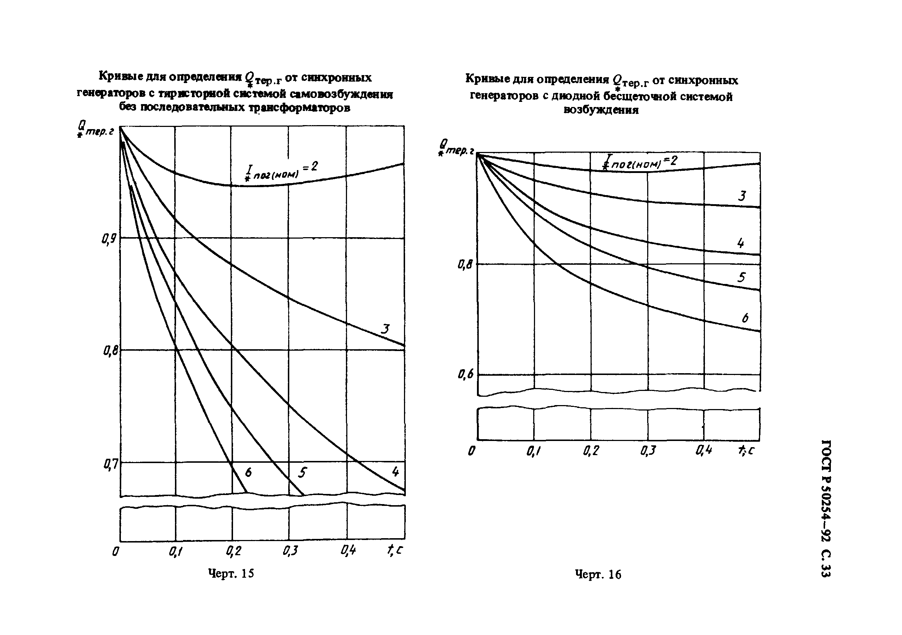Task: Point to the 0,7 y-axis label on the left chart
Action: (x=110, y=465)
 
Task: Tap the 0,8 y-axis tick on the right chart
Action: (x=465, y=265)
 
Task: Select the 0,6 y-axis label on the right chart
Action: (x=466, y=375)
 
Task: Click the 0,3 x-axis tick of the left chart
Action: (x=290, y=551)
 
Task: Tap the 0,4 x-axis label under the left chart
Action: (x=348, y=551)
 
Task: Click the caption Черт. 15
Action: (x=231, y=574)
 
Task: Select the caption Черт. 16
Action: (x=598, y=574)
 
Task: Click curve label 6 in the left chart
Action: (x=248, y=472)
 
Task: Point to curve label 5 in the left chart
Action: (x=302, y=473)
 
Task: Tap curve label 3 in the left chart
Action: (x=385, y=329)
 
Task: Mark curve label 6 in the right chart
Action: (x=745, y=318)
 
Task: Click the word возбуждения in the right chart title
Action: (x=601, y=110)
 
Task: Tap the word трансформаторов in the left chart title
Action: (x=299, y=108)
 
